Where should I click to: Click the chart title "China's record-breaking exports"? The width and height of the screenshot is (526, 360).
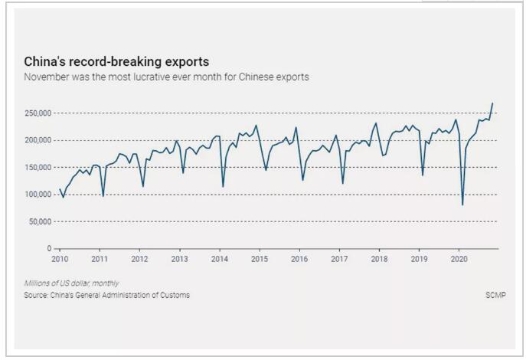pyautogui.click(x=116, y=62)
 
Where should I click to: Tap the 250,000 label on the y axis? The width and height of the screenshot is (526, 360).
pyautogui.click(x=38, y=113)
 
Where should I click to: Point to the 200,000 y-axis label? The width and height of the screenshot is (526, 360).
pyautogui.click(x=38, y=140)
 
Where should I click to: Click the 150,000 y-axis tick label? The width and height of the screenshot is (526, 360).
pyautogui.click(x=38, y=168)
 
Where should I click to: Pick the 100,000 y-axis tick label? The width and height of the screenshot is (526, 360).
pyautogui.click(x=38, y=195)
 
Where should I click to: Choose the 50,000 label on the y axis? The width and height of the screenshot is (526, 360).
pyautogui.click(x=40, y=222)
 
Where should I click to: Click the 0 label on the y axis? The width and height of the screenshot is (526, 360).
pyautogui.click(x=49, y=249)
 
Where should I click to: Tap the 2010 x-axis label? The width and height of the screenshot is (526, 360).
pyautogui.click(x=60, y=259)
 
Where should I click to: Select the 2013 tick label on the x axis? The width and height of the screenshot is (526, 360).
pyautogui.click(x=179, y=259)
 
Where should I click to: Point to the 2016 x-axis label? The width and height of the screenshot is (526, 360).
pyautogui.click(x=299, y=259)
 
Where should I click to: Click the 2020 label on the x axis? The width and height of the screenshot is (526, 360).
pyautogui.click(x=459, y=259)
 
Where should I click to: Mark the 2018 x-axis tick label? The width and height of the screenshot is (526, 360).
pyautogui.click(x=379, y=259)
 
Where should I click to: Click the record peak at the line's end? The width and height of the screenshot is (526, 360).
pyautogui.click(x=492, y=103)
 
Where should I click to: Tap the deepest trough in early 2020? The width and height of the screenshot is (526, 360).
pyautogui.click(x=462, y=205)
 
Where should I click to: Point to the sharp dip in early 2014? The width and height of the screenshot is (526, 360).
pyautogui.click(x=223, y=187)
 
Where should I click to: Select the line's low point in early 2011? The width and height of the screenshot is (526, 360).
pyautogui.click(x=103, y=196)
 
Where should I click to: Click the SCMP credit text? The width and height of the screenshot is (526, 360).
pyautogui.click(x=495, y=295)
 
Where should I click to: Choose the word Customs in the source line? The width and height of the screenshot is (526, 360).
pyautogui.click(x=175, y=295)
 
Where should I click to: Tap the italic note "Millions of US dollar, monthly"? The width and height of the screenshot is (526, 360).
pyautogui.click(x=71, y=283)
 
